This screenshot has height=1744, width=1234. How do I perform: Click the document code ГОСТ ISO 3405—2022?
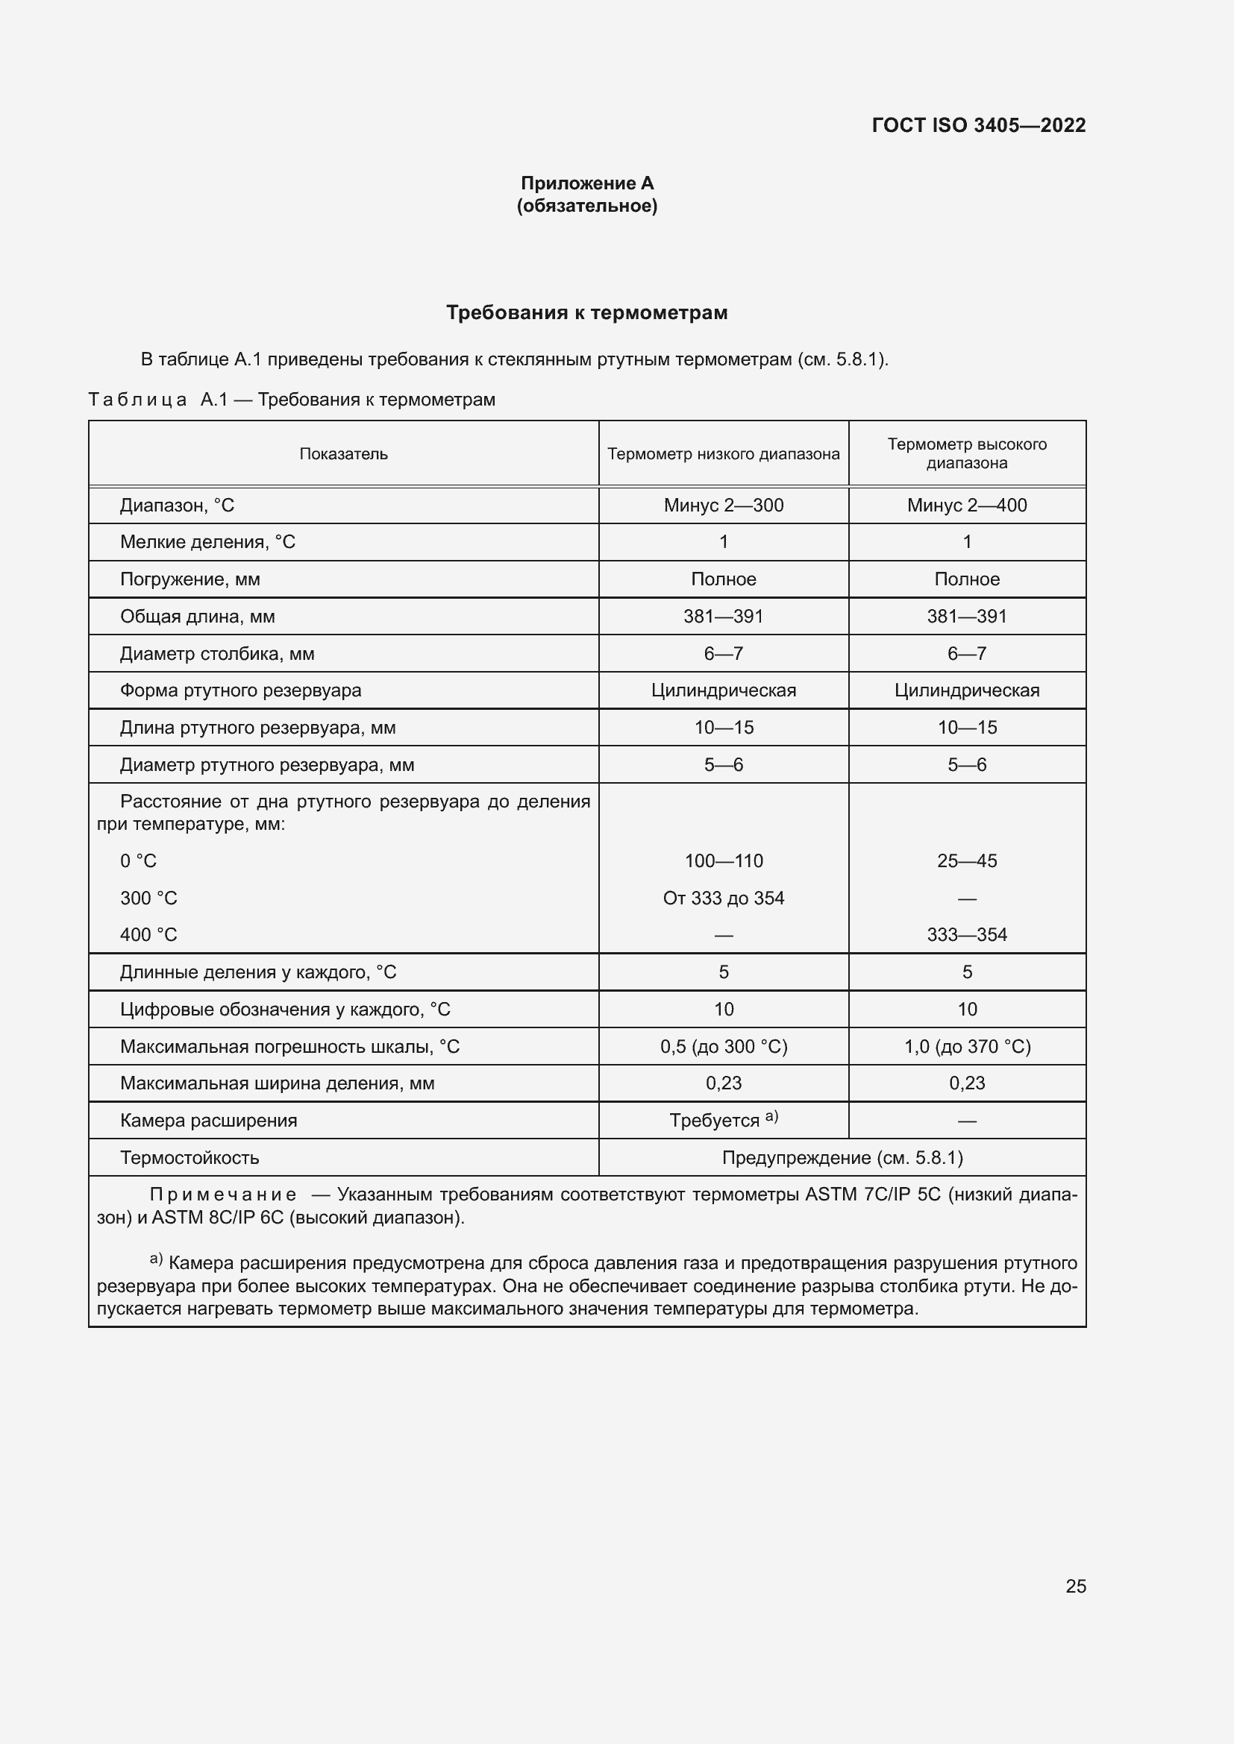click(978, 125)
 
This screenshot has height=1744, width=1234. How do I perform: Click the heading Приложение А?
click(586, 183)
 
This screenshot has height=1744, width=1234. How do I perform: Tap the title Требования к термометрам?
click(586, 312)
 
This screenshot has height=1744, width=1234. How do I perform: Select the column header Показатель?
click(343, 453)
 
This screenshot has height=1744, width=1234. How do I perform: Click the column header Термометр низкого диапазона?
click(724, 453)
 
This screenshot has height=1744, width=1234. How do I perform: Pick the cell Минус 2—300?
click(724, 505)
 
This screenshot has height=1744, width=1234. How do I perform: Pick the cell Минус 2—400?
click(966, 505)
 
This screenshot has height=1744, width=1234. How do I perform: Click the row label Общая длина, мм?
click(197, 616)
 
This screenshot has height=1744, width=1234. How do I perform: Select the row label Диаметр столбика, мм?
click(216, 653)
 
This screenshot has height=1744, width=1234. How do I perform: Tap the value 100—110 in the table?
click(724, 860)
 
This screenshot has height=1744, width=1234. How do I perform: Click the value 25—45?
click(966, 860)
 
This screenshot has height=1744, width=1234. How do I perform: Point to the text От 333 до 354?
click(724, 898)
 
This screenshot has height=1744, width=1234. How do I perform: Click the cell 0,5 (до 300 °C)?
click(724, 1046)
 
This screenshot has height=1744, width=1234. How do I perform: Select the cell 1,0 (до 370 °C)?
click(966, 1046)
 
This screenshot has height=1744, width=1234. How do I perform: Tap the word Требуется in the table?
click(714, 1121)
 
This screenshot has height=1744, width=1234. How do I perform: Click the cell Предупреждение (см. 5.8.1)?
click(842, 1158)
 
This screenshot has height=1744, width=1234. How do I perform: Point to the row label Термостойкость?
click(190, 1158)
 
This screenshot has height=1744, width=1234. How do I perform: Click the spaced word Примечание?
click(222, 1194)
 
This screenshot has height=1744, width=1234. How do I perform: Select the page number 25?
click(1075, 1586)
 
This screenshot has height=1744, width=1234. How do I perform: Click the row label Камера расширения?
click(208, 1121)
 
